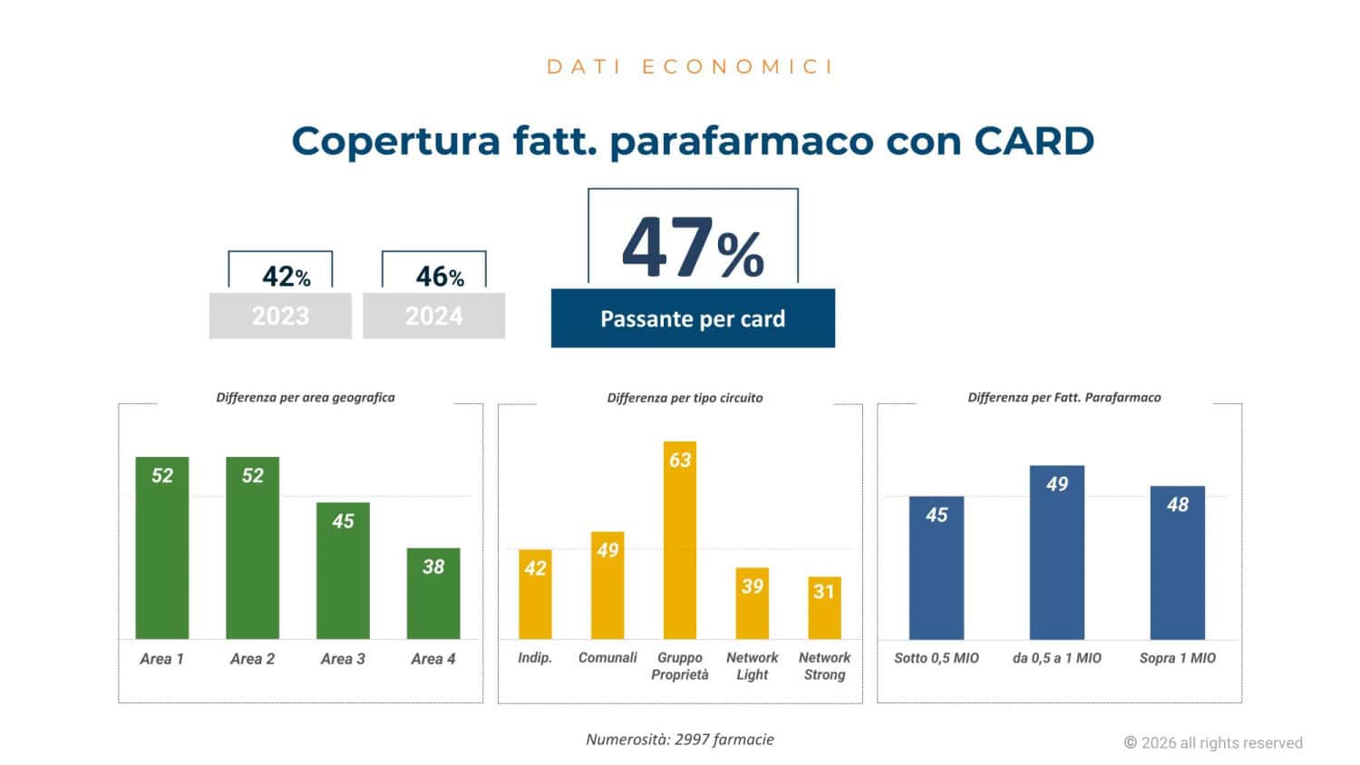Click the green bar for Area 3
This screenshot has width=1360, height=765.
click(x=343, y=571)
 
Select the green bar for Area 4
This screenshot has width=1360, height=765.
click(x=433, y=594)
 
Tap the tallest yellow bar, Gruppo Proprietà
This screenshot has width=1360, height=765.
click(x=680, y=540)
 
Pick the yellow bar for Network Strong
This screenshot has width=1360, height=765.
click(x=824, y=608)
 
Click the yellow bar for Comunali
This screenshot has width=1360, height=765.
click(x=607, y=586)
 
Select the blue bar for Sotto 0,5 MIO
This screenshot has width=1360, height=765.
click(x=937, y=568)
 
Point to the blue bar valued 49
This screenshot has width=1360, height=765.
click(x=1057, y=553)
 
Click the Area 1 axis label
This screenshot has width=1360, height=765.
click(x=161, y=659)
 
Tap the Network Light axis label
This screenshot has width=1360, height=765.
click(x=752, y=666)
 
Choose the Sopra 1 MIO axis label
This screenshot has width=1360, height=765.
click(x=1177, y=658)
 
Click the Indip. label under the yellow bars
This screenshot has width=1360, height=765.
click(x=535, y=658)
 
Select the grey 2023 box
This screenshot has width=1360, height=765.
click(x=280, y=315)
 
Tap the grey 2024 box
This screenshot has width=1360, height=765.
click(x=433, y=315)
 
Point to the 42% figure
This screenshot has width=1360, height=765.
click(x=286, y=276)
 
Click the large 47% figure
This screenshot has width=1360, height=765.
click(x=693, y=247)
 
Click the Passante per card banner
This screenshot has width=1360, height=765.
click(x=693, y=318)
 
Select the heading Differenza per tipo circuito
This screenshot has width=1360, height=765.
click(x=685, y=398)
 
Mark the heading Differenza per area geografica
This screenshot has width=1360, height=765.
click(x=306, y=397)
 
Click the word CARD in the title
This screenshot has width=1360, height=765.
click(x=1034, y=140)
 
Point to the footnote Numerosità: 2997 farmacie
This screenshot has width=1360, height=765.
click(x=680, y=740)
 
